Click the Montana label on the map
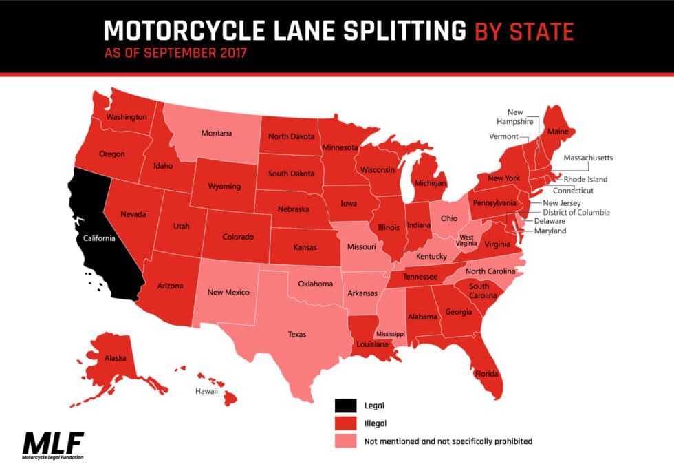pyautogui.click(x=217, y=133)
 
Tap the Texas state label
pyautogui.click(x=297, y=335)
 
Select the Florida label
pyautogui.click(x=486, y=375)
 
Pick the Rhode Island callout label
pyautogui.click(x=585, y=180)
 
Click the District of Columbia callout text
pyautogui.click(x=576, y=213)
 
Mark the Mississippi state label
pyautogui.click(x=390, y=334)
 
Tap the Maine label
pyautogui.click(x=558, y=130)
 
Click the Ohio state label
pyautogui.click(x=449, y=218)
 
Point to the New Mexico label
pyautogui.click(x=227, y=292)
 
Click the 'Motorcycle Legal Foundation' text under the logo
pyautogui.click(x=52, y=456)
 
